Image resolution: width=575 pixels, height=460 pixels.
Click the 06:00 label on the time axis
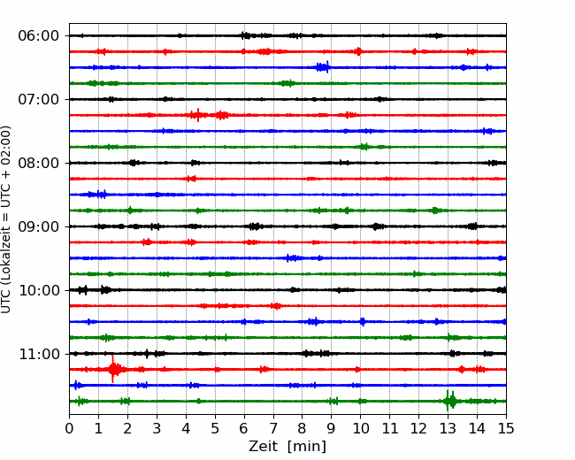tap(38, 36)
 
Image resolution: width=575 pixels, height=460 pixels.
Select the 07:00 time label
tap(38, 99)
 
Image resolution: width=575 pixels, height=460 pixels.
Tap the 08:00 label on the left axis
tap(38, 163)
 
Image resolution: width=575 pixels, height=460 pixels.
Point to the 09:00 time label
tap(38, 226)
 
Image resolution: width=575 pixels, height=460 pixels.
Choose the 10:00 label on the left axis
tap(38, 290)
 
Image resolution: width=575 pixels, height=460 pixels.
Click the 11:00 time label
tap(38, 354)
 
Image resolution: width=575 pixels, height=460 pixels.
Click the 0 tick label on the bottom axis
tap(69, 428)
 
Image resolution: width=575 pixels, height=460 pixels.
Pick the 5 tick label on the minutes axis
tap(215, 428)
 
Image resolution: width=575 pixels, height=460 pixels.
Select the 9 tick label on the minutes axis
tap(331, 428)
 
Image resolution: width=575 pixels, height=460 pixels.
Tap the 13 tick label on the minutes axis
tap(448, 428)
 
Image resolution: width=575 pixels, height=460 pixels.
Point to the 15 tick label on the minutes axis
tap(506, 428)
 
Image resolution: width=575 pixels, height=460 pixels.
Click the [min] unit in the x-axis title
tap(307, 447)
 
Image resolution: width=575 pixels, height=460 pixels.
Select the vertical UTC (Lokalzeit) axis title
tap(6, 219)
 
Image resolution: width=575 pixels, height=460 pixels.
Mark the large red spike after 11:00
tap(112, 369)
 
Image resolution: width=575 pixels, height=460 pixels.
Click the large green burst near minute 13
tap(450, 401)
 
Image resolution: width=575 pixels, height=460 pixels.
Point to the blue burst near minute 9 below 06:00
tap(323, 67)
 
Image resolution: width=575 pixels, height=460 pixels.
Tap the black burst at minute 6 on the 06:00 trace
tap(246, 35)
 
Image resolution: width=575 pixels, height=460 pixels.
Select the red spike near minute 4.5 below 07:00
tap(198, 115)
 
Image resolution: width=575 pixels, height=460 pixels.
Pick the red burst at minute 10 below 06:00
tap(358, 51)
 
